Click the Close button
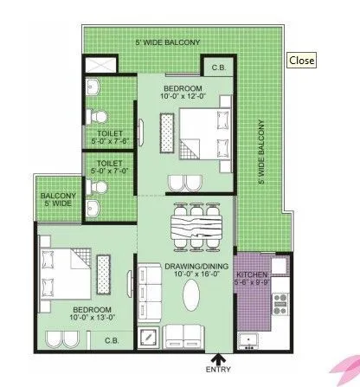tap(301, 61)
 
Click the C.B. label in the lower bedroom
tap(112, 339)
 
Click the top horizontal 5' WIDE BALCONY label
tap(167, 42)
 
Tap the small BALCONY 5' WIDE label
tap(58, 201)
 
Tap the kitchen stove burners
tap(280, 302)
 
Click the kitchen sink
tap(251, 339)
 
